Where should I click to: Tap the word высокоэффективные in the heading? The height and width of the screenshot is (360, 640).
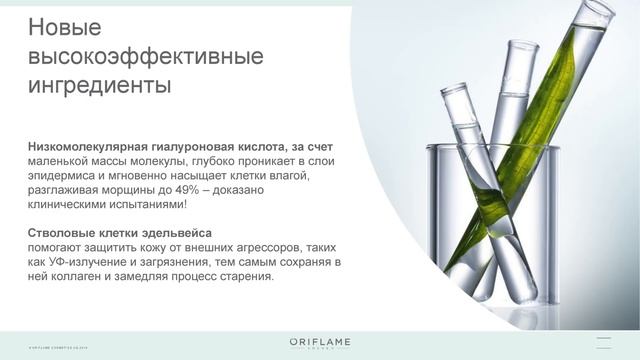click(x=146, y=56)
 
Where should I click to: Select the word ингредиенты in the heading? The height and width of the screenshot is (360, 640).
click(x=99, y=86)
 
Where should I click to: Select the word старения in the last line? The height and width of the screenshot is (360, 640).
click(x=244, y=276)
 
